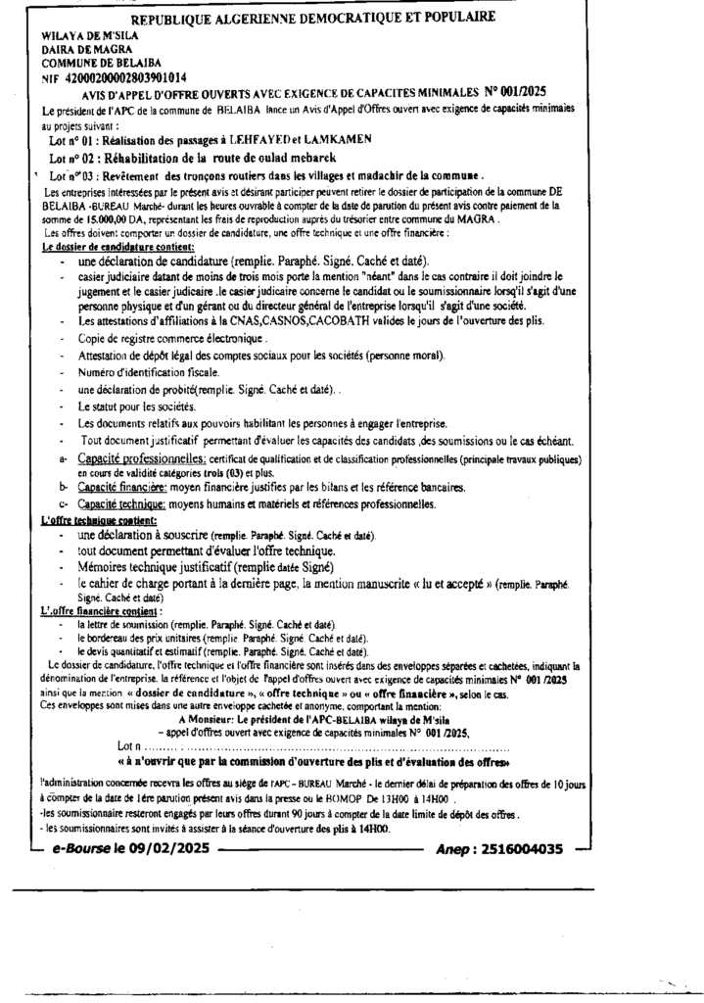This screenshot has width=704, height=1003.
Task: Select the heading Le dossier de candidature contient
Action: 120,248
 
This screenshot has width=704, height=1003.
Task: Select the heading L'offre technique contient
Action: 100,520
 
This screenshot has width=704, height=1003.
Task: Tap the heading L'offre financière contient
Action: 100,610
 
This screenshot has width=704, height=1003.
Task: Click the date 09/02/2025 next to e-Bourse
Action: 164,849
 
